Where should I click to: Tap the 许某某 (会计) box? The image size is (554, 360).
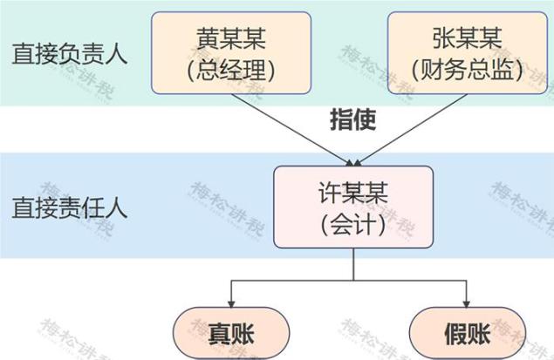[353, 207]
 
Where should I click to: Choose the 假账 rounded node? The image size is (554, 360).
[468, 331]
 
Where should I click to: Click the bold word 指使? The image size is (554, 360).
[352, 119]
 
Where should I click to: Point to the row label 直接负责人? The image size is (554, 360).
[70, 54]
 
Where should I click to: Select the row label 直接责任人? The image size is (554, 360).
[70, 207]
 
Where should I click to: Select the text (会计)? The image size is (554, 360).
[353, 224]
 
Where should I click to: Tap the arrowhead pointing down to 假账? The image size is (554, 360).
[468, 300]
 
